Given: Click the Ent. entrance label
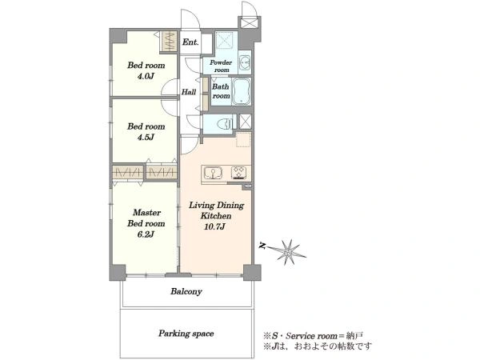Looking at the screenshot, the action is [x=190, y=42].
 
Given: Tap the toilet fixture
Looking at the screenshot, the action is [x=224, y=124].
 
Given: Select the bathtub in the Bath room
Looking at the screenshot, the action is [x=242, y=91].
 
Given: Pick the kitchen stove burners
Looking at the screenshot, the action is [x=240, y=173].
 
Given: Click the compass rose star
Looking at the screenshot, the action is [x=287, y=252].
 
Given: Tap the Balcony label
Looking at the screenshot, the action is [x=186, y=291].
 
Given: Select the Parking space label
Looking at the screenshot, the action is [x=186, y=334].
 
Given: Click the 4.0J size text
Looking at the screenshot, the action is [x=146, y=76].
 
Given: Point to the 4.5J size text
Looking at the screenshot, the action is [x=146, y=137].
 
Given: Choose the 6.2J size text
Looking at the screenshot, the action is [x=146, y=234].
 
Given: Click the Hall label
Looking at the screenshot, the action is [x=189, y=92].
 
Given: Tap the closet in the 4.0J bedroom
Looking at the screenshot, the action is [x=169, y=41].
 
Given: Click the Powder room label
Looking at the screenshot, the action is [x=221, y=66].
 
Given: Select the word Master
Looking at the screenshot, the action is [x=147, y=213].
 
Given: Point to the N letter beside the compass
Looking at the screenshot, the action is [x=262, y=246].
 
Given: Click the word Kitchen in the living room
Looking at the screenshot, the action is [x=216, y=216].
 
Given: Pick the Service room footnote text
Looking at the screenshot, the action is [x=314, y=336].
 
